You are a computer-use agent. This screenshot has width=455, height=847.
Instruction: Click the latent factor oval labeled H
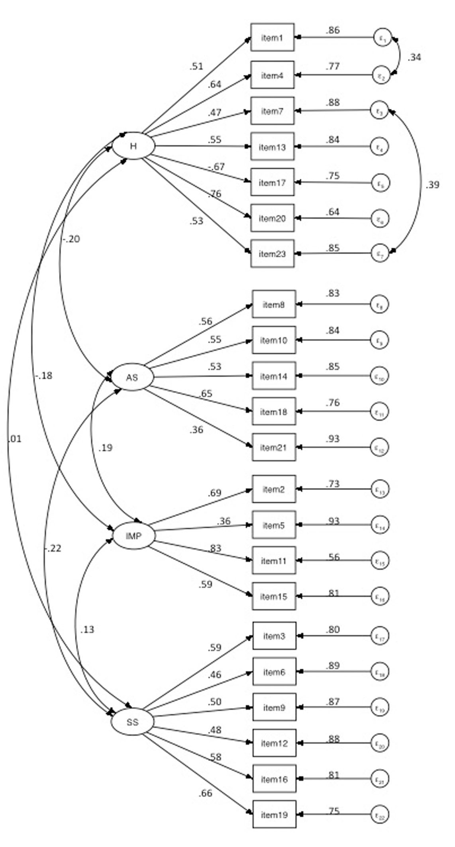(x=133, y=146)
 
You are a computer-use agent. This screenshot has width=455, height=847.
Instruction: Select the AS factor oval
(x=132, y=377)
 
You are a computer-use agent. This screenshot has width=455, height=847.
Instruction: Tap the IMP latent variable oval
(x=133, y=536)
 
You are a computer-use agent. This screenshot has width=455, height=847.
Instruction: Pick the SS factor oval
(x=132, y=722)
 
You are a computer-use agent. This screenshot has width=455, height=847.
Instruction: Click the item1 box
(x=273, y=37)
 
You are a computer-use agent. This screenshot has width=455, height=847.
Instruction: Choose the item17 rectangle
(x=273, y=183)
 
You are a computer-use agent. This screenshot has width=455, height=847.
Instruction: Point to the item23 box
(x=273, y=254)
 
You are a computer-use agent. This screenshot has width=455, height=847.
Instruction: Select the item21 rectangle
(x=274, y=447)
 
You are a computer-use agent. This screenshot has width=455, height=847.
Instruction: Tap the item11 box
(x=274, y=561)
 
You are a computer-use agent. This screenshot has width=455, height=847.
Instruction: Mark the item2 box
(x=274, y=489)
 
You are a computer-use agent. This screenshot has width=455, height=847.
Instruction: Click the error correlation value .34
(x=414, y=57)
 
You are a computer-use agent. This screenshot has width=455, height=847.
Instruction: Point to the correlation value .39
(x=432, y=185)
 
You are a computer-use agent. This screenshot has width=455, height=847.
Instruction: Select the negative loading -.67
(x=216, y=167)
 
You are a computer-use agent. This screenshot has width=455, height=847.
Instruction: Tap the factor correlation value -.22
(x=53, y=548)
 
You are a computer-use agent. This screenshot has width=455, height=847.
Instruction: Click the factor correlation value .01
(x=14, y=439)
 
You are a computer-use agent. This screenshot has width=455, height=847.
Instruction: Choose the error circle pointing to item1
(x=382, y=37)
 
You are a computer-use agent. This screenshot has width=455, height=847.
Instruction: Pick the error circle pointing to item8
(x=379, y=305)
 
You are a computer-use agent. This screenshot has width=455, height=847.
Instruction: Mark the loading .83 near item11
(x=215, y=548)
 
